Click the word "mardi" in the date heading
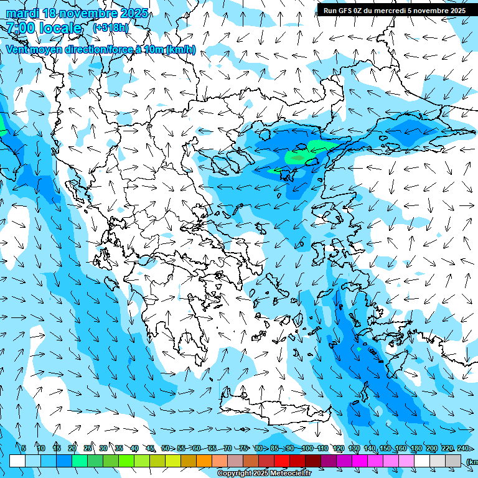point(22,13)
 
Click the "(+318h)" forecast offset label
point(111,28)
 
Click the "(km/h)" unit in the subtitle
point(180,50)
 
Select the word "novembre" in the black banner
point(431,11)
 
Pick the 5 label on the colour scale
point(24,448)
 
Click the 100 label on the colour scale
point(307,448)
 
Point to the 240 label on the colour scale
point(462,448)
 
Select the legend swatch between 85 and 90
point(282,461)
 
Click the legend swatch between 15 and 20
point(64,461)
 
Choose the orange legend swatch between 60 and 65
point(204,461)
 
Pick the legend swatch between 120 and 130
point(344,461)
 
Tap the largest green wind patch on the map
point(299,156)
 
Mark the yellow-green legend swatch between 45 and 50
point(157,461)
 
